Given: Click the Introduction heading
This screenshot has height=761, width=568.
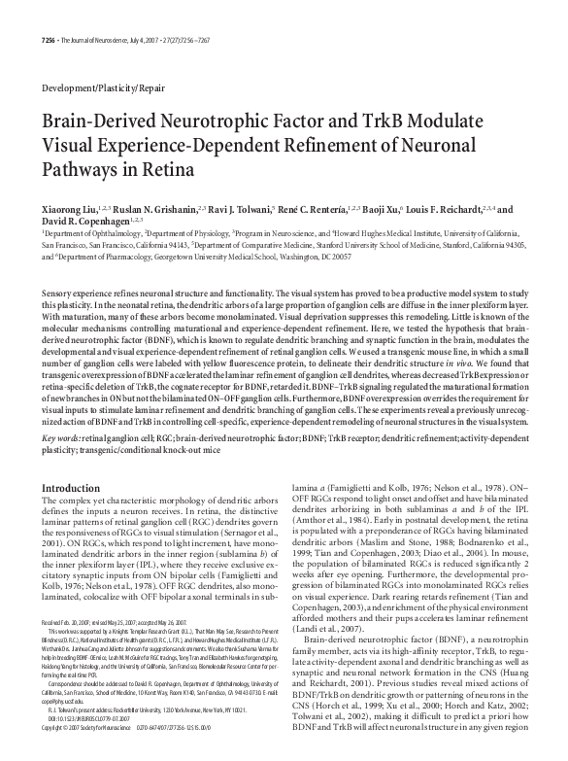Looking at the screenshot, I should pyautogui.click(x=72, y=488).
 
